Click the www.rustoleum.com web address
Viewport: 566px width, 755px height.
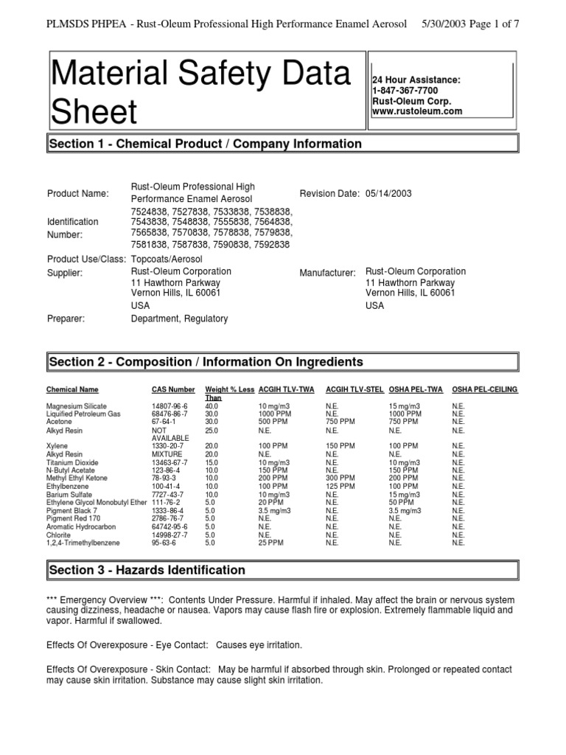[417, 111]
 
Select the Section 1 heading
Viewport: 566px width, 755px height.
[205, 144]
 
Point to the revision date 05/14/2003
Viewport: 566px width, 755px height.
[388, 193]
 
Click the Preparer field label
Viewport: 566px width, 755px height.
[66, 319]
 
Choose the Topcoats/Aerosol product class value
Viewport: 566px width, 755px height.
[166, 260]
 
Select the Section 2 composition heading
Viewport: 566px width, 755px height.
[206, 362]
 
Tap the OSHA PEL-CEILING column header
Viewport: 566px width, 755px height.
[484, 389]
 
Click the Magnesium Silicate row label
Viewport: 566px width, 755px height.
[76, 406]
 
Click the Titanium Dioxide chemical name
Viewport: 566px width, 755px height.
[71, 462]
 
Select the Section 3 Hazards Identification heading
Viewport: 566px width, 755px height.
[147, 570]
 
